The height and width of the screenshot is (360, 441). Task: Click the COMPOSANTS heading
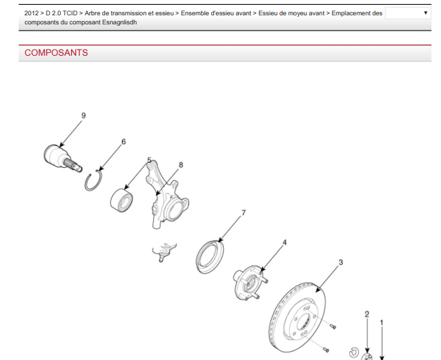pyautogui.click(x=56, y=52)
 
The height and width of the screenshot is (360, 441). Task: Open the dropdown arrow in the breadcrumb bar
pyautogui.click(x=426, y=13)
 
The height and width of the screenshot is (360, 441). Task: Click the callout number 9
pyautogui.click(x=84, y=116)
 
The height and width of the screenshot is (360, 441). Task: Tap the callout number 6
pyautogui.click(x=123, y=141)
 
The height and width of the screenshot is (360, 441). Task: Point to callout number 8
pyautogui.click(x=181, y=165)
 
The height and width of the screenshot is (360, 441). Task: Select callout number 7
pyautogui.click(x=244, y=213)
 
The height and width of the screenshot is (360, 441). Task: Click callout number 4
pyautogui.click(x=285, y=242)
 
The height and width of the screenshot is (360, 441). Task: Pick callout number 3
pyautogui.click(x=341, y=263)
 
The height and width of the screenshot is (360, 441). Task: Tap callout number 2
pyautogui.click(x=366, y=314)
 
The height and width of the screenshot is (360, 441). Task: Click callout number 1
pyautogui.click(x=382, y=323)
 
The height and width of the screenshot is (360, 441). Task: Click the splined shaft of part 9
pyautogui.click(x=72, y=165)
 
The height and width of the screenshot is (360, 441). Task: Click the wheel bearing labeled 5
pyautogui.click(x=121, y=201)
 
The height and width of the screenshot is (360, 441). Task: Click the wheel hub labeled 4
pyautogui.click(x=250, y=283)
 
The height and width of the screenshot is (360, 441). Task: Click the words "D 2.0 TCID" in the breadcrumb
pyautogui.click(x=61, y=13)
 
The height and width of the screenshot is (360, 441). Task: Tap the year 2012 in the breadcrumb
pyautogui.click(x=31, y=13)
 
